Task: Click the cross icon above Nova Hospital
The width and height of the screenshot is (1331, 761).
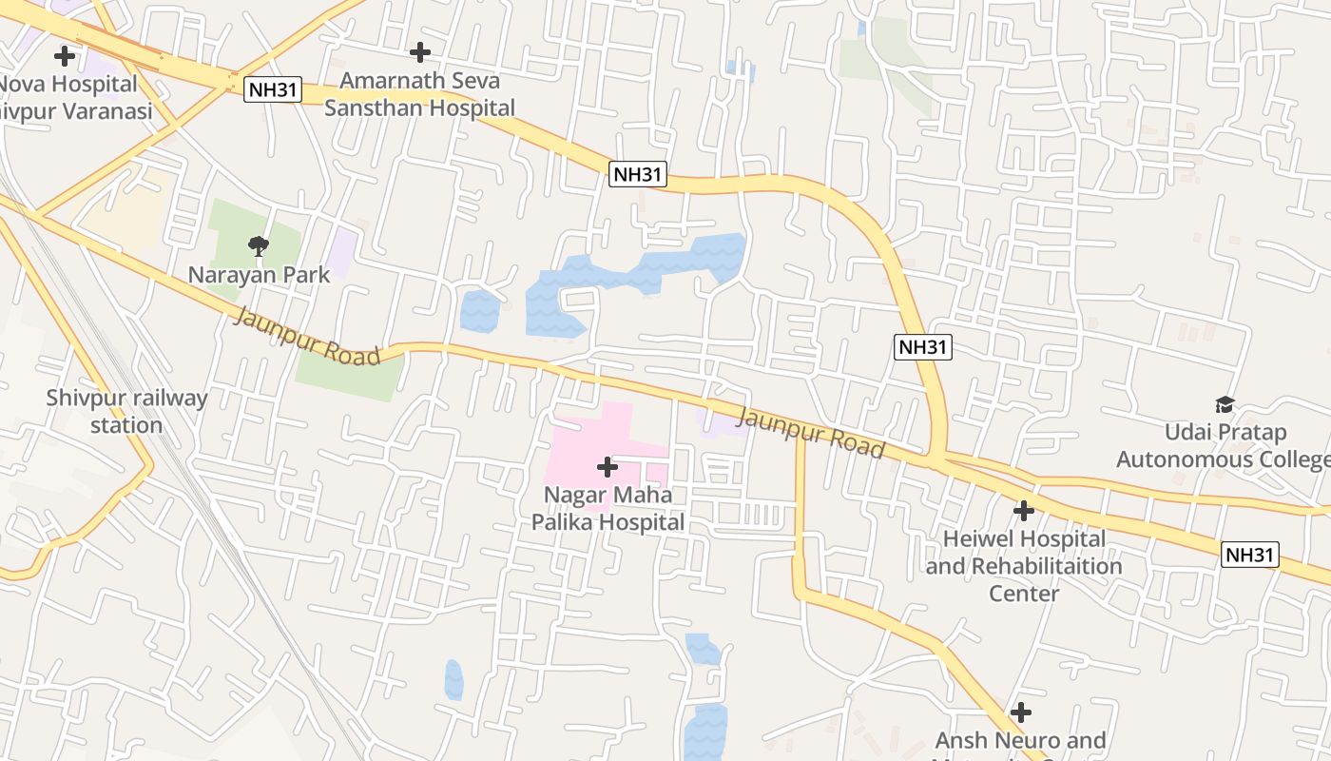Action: tap(65, 56)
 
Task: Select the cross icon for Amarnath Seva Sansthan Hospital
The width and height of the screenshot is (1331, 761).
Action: tap(419, 52)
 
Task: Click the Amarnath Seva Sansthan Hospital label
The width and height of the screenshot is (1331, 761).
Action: tap(419, 94)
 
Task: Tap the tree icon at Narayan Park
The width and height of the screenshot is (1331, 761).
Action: tap(258, 246)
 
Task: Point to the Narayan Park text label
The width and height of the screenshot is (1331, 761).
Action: tap(259, 275)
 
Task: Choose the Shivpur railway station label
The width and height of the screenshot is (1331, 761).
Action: tap(126, 411)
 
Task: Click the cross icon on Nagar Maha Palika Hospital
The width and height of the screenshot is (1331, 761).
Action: tap(607, 467)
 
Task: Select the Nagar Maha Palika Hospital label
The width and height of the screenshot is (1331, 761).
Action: tap(608, 509)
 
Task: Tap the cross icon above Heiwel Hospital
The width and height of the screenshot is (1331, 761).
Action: tap(1023, 511)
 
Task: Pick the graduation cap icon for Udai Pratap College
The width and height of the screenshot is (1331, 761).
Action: tap(1225, 405)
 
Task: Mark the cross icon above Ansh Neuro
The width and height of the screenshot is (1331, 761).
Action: tap(1021, 712)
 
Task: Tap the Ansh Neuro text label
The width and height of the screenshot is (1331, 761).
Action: tap(1021, 741)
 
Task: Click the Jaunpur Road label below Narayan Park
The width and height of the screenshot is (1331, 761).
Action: tap(306, 336)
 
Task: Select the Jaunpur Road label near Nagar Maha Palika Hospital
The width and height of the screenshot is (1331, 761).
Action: tap(810, 434)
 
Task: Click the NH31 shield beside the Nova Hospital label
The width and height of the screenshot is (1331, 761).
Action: tap(273, 90)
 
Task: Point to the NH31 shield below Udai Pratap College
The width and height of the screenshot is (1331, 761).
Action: tap(1250, 555)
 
